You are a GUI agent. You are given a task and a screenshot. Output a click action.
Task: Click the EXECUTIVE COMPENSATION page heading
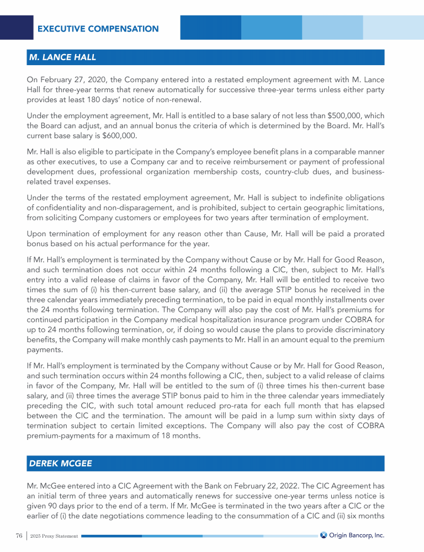[98, 29]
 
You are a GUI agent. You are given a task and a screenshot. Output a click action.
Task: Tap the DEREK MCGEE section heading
[60, 464]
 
